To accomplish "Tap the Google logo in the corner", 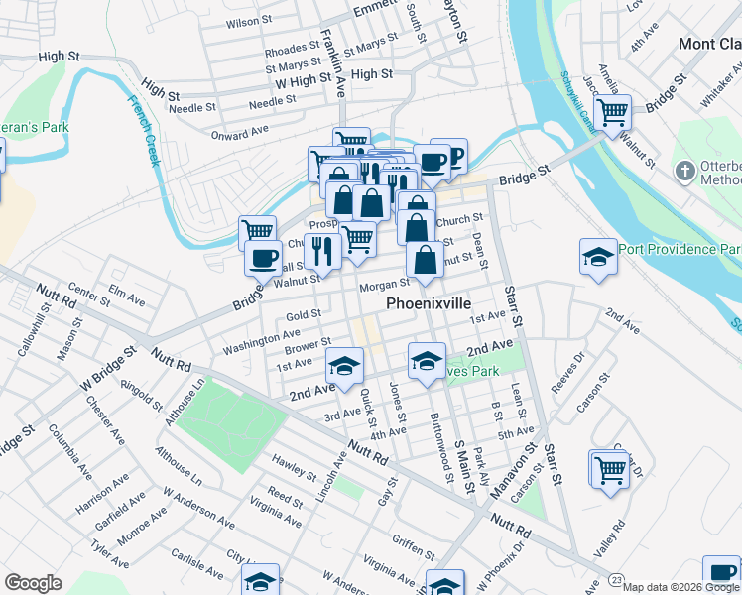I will click(34, 583).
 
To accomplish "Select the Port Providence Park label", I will click(680, 249).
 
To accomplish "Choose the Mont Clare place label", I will click(709, 44).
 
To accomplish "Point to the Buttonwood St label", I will click(436, 434).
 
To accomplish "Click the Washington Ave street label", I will click(261, 343).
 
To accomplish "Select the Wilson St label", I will click(249, 22).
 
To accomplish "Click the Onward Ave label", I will click(239, 131).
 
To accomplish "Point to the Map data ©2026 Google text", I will click(680, 587).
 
